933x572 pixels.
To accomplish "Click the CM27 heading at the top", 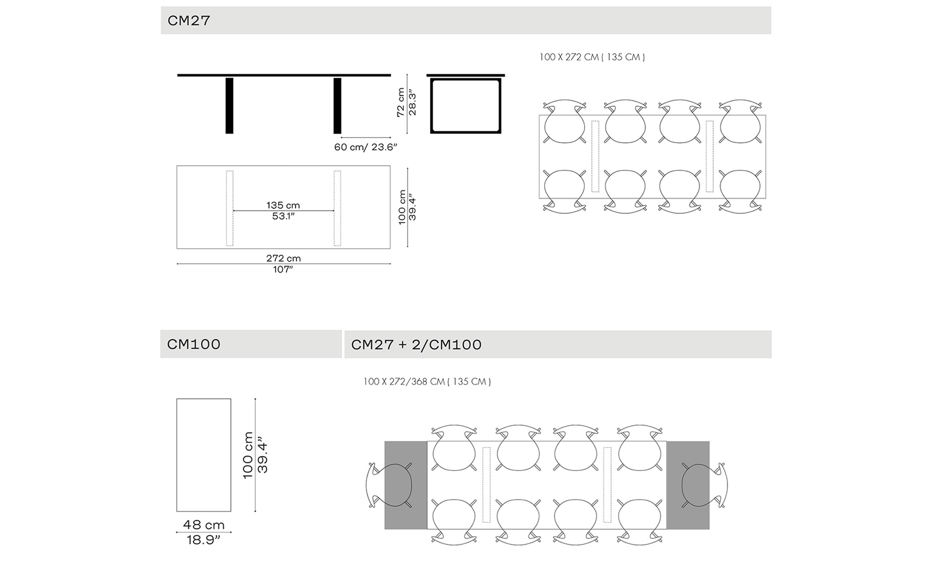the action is pyautogui.click(x=188, y=21).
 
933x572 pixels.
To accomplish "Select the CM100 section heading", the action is pyautogui.click(x=194, y=345).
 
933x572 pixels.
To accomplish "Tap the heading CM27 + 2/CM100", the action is pyautogui.click(x=416, y=345).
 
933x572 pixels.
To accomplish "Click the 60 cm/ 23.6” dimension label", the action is pyautogui.click(x=366, y=147).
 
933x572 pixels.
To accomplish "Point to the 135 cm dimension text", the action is pyautogui.click(x=283, y=205).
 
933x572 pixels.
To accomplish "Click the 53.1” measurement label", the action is pyautogui.click(x=283, y=216).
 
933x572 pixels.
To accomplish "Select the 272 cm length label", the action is pyautogui.click(x=283, y=258).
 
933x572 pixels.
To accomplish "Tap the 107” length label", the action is pyautogui.click(x=283, y=270).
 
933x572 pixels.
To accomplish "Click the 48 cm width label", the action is pyautogui.click(x=204, y=525).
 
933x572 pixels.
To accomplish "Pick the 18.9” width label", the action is pyautogui.click(x=203, y=540).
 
